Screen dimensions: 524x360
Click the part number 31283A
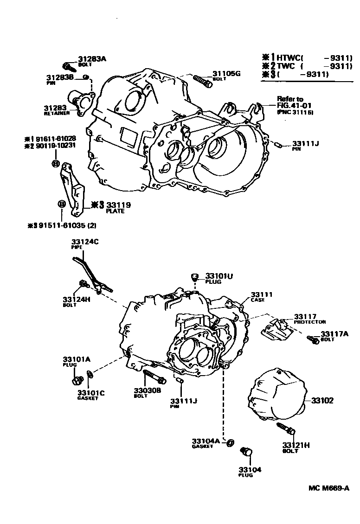click(92, 59)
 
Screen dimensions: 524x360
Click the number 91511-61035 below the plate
click(63, 225)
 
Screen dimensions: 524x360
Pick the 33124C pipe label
click(85, 242)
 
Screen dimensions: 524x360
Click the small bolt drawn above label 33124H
click(84, 283)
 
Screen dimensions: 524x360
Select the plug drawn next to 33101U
click(195, 278)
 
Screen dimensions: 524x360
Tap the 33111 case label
click(262, 294)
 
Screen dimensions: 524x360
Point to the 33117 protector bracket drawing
click(276, 330)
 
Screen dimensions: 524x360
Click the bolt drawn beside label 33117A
click(313, 340)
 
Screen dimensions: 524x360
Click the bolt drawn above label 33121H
click(285, 428)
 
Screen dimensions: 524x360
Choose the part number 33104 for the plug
click(251, 469)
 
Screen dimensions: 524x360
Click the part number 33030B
click(148, 390)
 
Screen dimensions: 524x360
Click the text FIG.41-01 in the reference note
click(289, 105)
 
